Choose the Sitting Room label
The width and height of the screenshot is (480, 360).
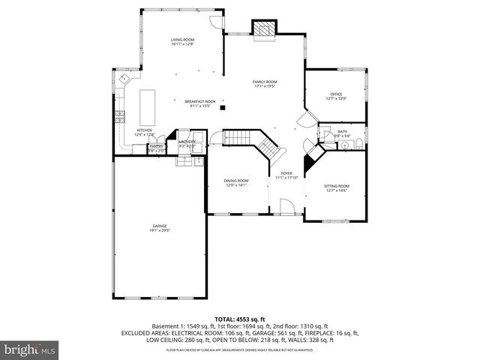[336, 187]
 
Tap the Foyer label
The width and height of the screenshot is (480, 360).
[286, 175]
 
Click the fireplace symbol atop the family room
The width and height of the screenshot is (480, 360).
[263, 29]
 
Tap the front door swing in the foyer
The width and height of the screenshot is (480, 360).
[287, 206]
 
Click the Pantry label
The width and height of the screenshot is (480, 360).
[156, 148]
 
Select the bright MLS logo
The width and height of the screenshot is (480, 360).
[29, 349]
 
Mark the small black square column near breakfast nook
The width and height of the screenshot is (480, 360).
[223, 108]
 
